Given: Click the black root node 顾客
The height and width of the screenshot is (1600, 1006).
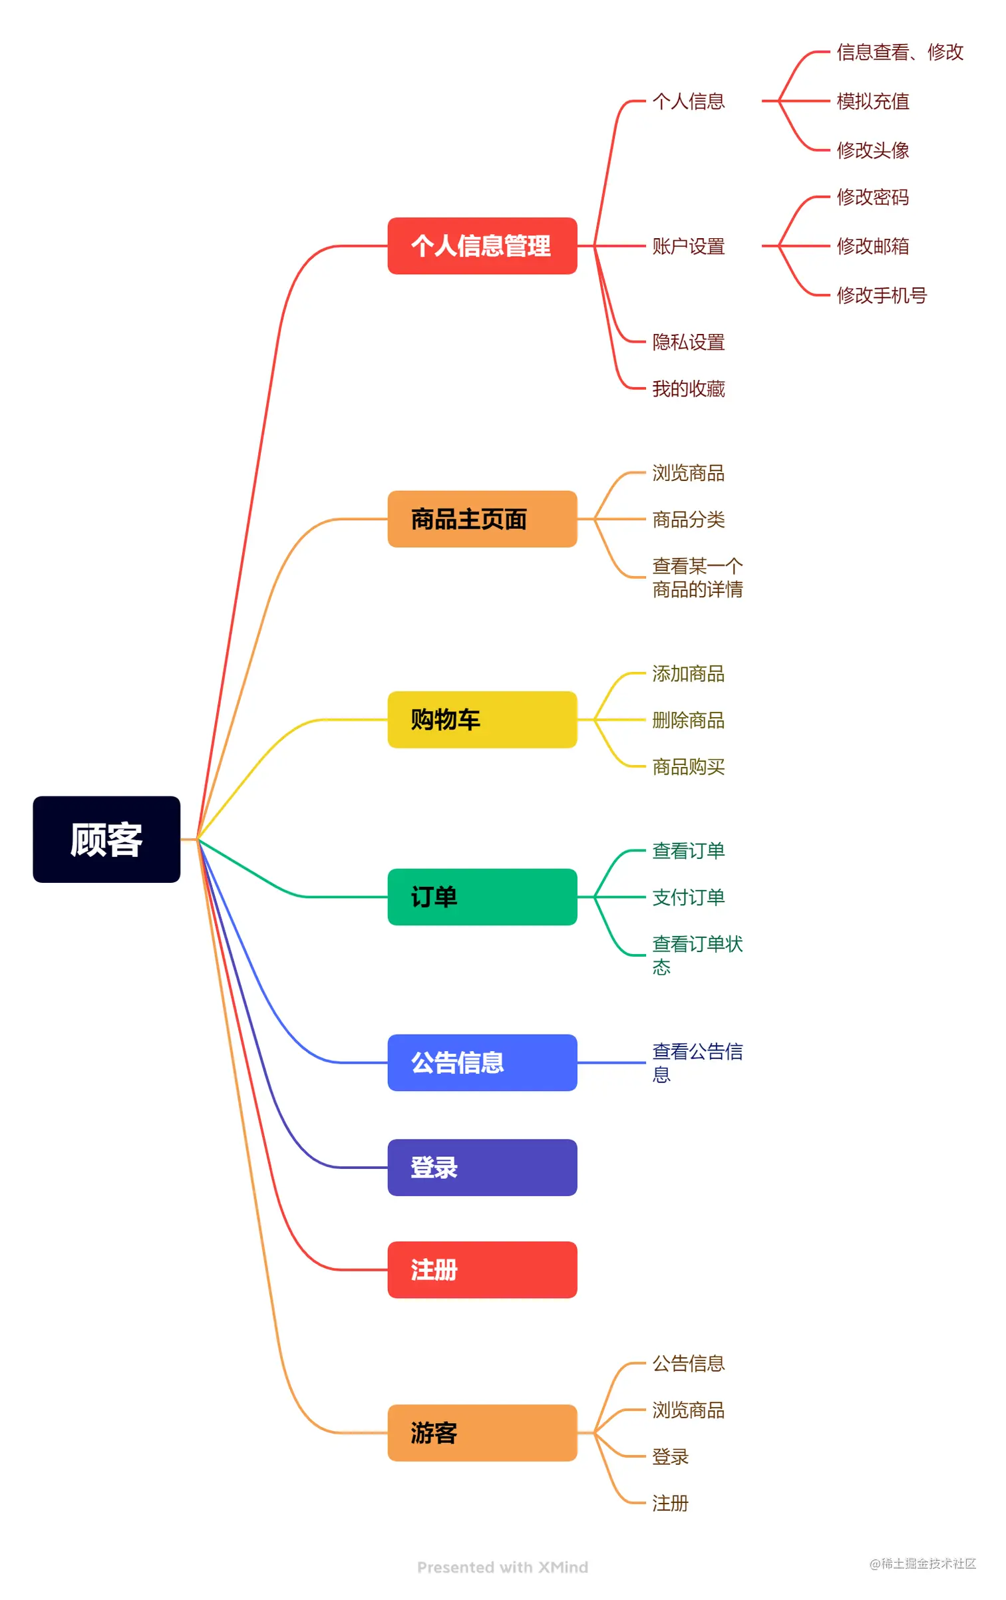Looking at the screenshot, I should [x=106, y=839].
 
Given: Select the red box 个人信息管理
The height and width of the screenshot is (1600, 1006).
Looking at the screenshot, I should [x=482, y=245].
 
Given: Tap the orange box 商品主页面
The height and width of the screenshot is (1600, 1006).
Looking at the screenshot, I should [x=482, y=519].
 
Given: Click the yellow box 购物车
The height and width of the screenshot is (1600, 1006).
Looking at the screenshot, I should [x=482, y=719].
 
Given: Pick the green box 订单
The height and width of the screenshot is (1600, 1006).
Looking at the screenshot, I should [x=482, y=897].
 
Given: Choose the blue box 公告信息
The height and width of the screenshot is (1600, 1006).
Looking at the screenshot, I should [x=482, y=1062].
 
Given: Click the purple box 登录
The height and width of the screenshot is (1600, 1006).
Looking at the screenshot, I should [x=482, y=1167].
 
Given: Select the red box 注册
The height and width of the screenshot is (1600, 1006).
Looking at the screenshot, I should [x=482, y=1269].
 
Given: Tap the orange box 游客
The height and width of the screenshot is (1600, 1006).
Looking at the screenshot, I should [x=482, y=1432].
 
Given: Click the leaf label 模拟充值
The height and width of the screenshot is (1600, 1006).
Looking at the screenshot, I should [x=872, y=101].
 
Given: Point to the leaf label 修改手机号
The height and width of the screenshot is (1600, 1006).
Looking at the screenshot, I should [x=881, y=295].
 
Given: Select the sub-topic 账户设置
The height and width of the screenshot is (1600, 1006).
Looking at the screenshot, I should [x=688, y=246].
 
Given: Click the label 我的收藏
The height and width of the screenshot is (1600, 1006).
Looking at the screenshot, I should [x=688, y=389].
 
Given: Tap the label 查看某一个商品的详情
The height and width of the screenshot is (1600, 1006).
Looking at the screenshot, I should [x=697, y=577].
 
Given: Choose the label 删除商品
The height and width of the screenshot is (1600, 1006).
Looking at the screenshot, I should [x=688, y=720].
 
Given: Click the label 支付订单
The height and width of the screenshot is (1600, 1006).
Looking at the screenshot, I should [x=688, y=897].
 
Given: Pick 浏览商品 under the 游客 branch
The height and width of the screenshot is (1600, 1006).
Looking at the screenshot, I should [x=688, y=1410].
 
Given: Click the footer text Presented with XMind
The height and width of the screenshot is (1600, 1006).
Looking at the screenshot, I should [x=502, y=1567].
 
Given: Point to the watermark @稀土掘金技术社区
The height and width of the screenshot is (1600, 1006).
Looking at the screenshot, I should [x=922, y=1563].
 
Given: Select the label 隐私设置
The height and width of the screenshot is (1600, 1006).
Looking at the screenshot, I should [x=688, y=342].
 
